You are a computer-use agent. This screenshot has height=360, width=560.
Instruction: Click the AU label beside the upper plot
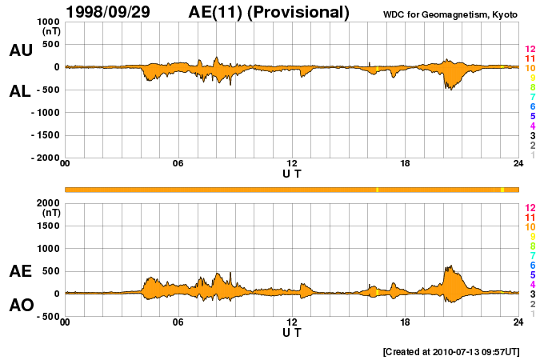click(21, 50)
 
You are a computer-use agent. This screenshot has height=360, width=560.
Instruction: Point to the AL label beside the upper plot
click(21, 91)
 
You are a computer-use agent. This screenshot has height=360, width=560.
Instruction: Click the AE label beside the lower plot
click(21, 271)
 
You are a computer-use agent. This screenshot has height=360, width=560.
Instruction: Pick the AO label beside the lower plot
click(21, 306)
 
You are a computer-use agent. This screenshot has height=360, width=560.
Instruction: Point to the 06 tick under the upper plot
click(178, 163)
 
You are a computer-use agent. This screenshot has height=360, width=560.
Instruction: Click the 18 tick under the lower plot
click(405, 322)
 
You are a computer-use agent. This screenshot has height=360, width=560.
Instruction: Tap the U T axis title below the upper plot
click(292, 173)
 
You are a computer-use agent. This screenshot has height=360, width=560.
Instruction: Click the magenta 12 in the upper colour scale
click(530, 50)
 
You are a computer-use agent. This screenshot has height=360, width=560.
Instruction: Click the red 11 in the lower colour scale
click(530, 217)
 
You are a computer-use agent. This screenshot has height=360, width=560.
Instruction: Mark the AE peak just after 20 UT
click(451, 266)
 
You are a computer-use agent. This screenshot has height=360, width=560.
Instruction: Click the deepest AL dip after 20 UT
click(450, 89)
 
